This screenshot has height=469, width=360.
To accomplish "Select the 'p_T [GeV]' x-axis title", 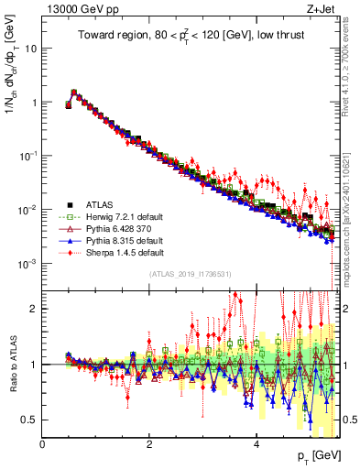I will [315, 456].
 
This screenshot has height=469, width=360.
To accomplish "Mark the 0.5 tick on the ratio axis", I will [30, 420].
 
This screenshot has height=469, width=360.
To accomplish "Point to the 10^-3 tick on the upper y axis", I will [27, 264].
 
